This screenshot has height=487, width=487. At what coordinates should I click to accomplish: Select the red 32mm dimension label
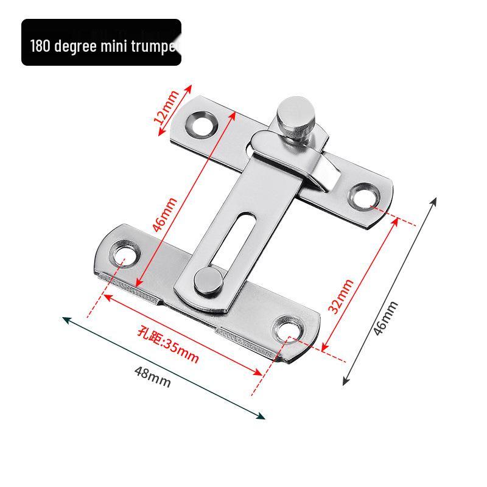(341, 296)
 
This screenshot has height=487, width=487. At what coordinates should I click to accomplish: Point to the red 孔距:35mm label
(168, 345)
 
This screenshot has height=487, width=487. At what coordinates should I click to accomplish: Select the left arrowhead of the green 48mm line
(65, 318)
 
